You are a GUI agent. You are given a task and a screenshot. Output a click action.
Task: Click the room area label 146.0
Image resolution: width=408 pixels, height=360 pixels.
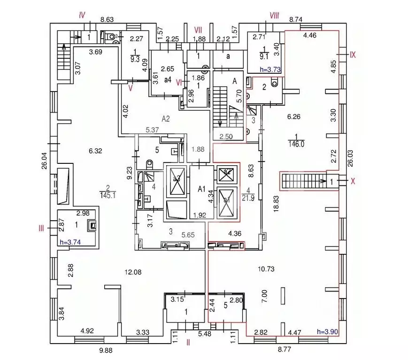(x=298, y=145)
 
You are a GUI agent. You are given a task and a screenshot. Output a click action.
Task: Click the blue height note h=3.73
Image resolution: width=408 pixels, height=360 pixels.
(x=270, y=69)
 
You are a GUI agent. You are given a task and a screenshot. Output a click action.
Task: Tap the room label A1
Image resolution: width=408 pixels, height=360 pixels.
(x=202, y=189)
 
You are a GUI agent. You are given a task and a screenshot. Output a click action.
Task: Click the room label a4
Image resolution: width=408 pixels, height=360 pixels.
(x=167, y=80)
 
